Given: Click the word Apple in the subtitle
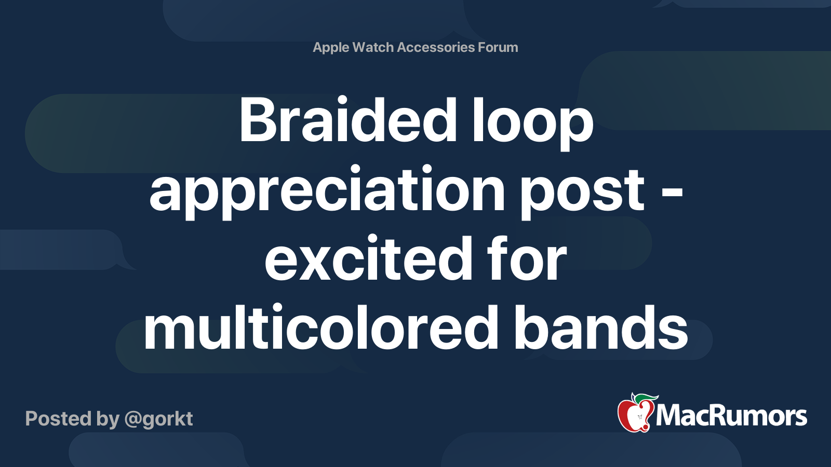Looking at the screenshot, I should click(331, 47).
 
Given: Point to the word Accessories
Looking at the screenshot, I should click(436, 47).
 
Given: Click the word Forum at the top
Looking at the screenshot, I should click(498, 47).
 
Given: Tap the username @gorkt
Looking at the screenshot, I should click(158, 419).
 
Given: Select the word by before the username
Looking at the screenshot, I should click(108, 419).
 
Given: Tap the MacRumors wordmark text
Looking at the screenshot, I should click(731, 416).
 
